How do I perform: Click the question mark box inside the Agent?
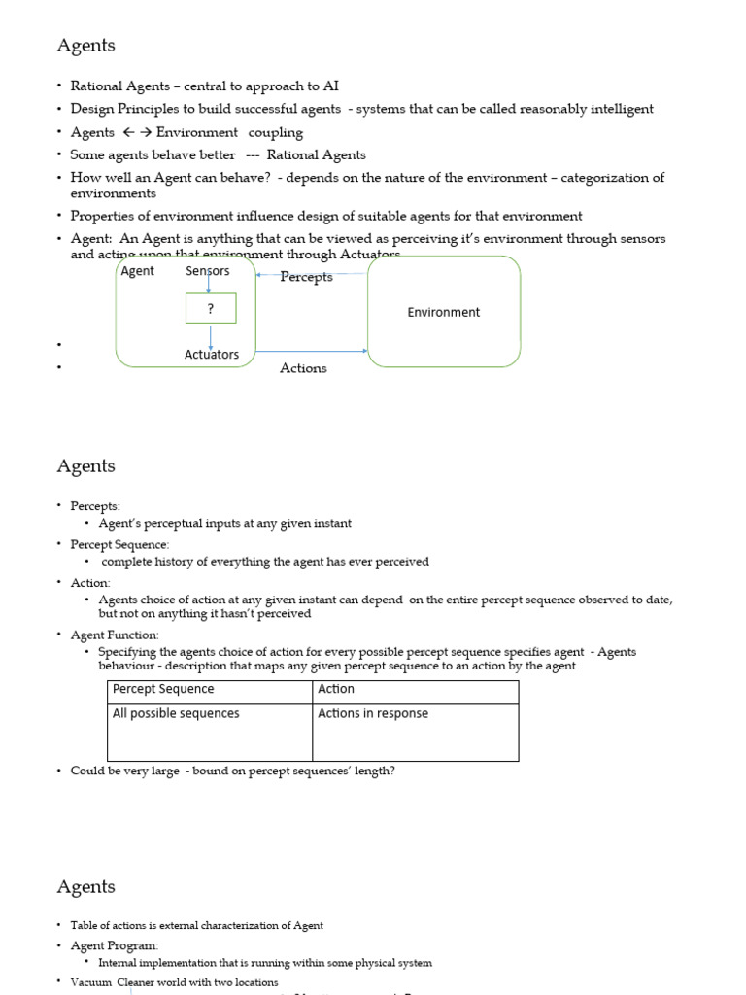click(x=211, y=309)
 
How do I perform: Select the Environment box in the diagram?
click(x=443, y=312)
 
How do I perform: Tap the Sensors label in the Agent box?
click(x=208, y=271)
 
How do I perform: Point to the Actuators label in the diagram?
click(x=212, y=355)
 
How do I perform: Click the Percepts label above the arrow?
click(x=306, y=277)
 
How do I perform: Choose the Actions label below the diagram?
click(x=303, y=368)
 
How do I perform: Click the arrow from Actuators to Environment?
click(x=311, y=351)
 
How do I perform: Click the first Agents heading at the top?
click(x=85, y=46)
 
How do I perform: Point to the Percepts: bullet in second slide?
click(x=95, y=506)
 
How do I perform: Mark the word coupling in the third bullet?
click(x=276, y=132)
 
